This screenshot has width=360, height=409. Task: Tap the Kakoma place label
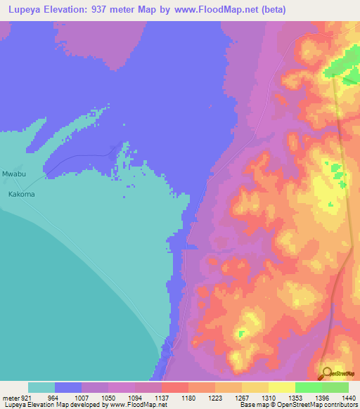[x=21, y=193]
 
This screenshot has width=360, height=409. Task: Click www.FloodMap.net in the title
[x=213, y=10]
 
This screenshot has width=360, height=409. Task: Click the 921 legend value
[x=25, y=398]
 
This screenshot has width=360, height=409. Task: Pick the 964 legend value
[x=53, y=398]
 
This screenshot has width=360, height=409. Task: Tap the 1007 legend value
[x=81, y=398]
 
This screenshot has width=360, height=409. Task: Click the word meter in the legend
[x=10, y=398]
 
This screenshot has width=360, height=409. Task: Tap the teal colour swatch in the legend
[x=41, y=387]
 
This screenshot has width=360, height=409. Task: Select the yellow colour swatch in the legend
[x=281, y=387]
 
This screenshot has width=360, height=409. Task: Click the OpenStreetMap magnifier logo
[x=326, y=373]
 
